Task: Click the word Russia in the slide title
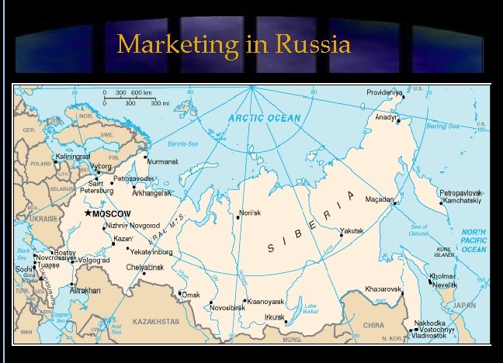coord(309,44)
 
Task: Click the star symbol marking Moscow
coord(88,213)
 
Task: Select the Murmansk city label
coord(163,161)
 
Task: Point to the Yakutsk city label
coord(352,230)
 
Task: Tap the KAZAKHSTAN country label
coord(155,321)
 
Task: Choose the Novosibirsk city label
coord(227,308)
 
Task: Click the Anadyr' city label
coord(387,117)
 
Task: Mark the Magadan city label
coord(380,199)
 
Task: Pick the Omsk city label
coord(190,295)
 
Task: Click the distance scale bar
coord(130,98)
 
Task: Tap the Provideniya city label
coord(385,93)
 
